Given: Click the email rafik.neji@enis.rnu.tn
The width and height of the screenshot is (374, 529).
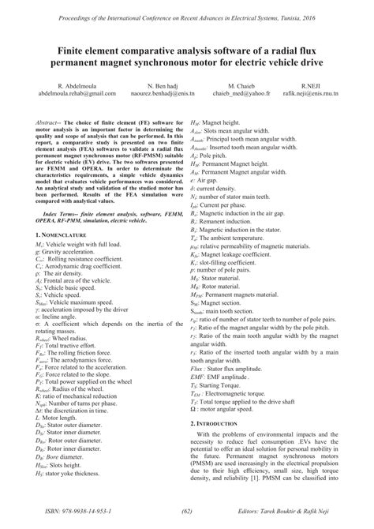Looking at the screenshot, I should (x=318, y=92).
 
